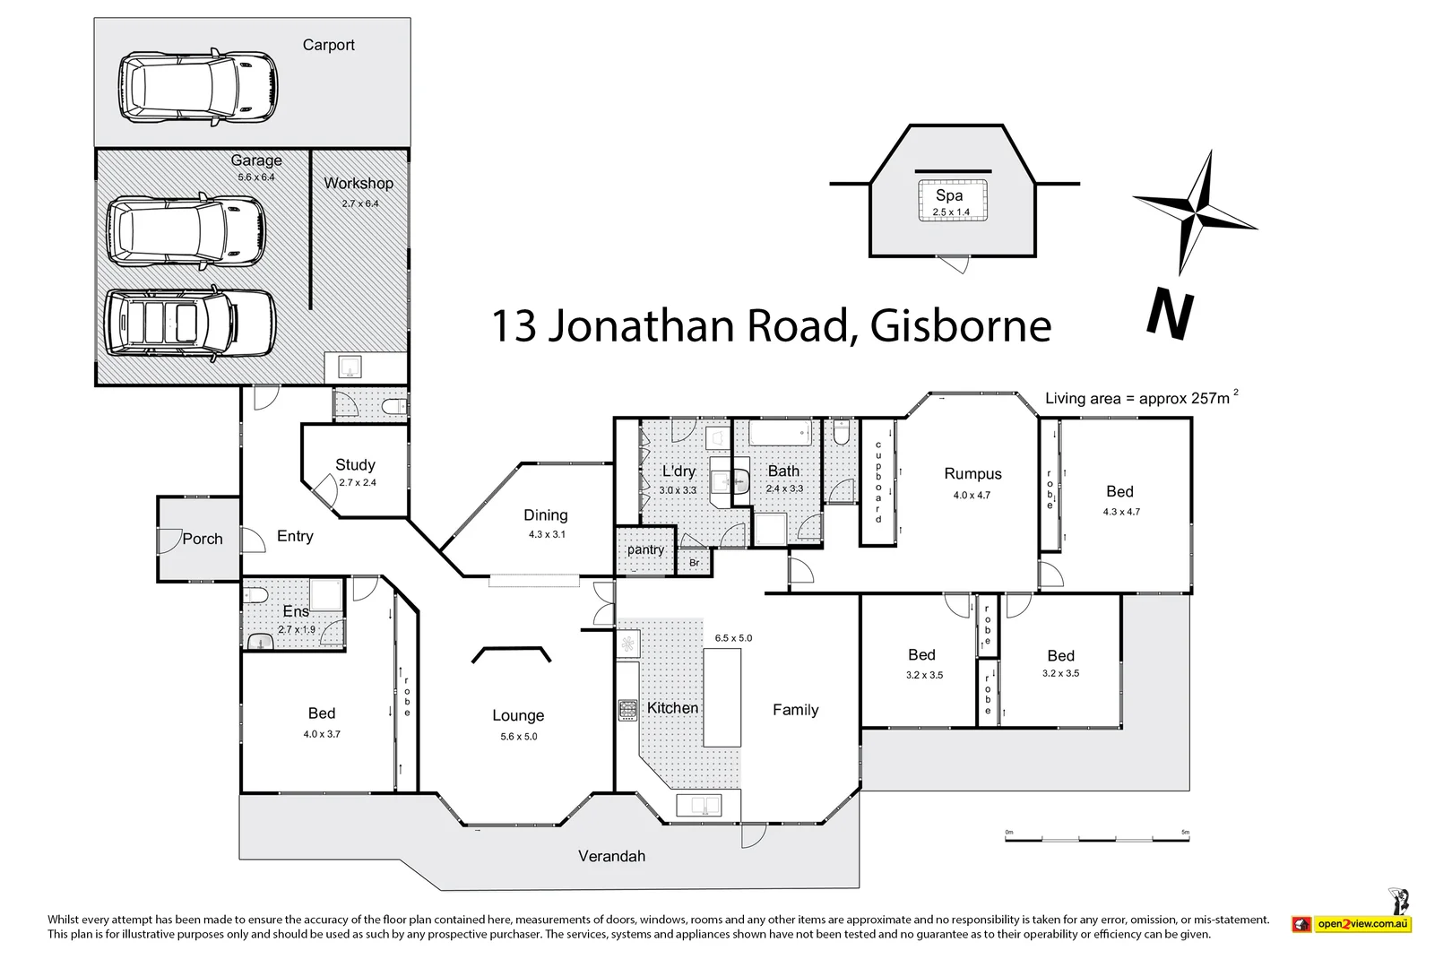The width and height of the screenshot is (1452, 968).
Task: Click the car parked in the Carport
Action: (198, 86)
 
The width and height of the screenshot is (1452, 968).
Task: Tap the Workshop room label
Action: (359, 184)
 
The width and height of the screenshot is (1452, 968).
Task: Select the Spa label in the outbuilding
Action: (949, 195)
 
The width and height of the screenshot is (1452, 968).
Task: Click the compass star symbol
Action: (1195, 212)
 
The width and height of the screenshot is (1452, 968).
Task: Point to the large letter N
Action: (1170, 315)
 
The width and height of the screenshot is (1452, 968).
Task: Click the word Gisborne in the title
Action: (960, 326)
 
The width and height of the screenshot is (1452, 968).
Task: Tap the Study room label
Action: (355, 465)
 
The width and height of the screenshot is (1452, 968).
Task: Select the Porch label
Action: (203, 540)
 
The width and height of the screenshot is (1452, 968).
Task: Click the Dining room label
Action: (545, 515)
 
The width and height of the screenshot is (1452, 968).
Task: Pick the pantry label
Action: (645, 549)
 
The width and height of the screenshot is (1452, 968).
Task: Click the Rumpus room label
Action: (972, 474)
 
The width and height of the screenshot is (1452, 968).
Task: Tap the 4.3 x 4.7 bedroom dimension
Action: (1120, 512)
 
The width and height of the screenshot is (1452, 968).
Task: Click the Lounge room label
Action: (518, 716)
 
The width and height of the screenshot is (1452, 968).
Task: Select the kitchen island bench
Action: (722, 697)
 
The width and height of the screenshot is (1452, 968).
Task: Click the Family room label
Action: (795, 710)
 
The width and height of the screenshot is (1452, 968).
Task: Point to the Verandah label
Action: (611, 857)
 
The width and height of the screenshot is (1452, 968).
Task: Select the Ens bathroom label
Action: (296, 611)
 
